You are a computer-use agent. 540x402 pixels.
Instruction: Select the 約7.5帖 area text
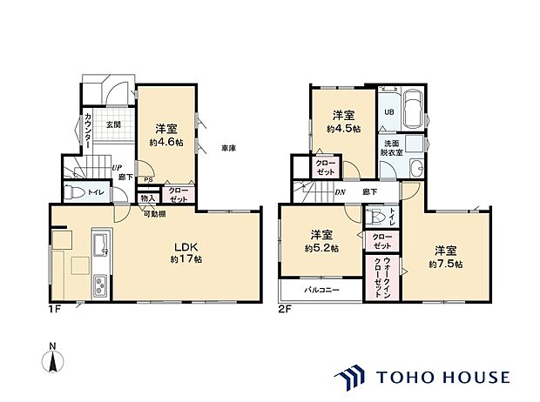pos(445,263)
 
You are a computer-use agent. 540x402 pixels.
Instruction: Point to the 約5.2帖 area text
pos(322,247)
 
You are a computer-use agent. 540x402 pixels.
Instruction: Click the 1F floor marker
pos(55,307)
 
